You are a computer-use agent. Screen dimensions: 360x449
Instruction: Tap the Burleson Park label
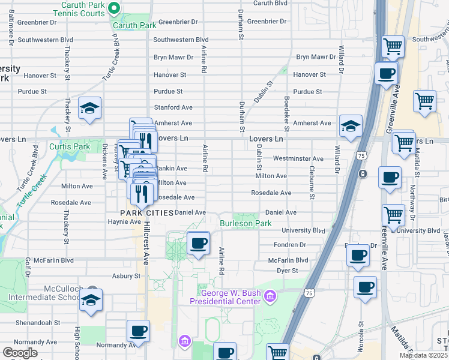pyautogui.click(x=246, y=224)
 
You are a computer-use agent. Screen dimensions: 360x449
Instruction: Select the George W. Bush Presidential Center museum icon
pyautogui.click(x=271, y=296)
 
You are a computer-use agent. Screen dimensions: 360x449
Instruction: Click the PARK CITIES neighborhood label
pyautogui.click(x=146, y=213)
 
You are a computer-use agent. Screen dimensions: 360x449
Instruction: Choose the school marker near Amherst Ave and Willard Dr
pyautogui.click(x=351, y=126)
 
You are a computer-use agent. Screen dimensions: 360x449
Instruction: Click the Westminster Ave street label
pyautogui.click(x=298, y=159)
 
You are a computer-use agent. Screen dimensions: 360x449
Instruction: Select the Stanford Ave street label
pyautogui.click(x=173, y=107)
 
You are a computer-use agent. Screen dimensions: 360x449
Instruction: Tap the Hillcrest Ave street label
pyautogui.click(x=146, y=243)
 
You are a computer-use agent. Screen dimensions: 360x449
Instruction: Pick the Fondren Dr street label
pyautogui.click(x=291, y=245)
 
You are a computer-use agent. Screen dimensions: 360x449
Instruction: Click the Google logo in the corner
pyautogui.click(x=20, y=353)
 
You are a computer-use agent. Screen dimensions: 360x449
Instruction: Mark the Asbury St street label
pyautogui.click(x=126, y=276)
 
